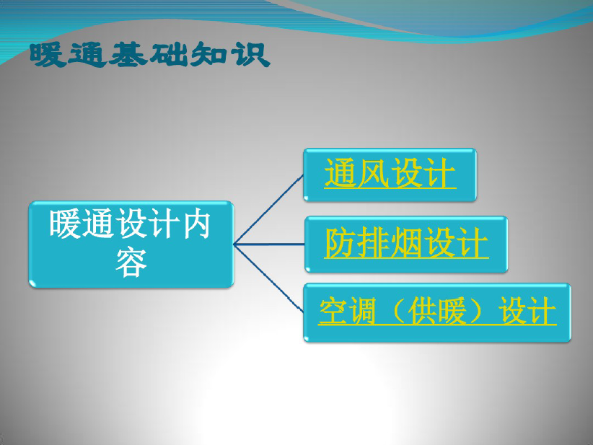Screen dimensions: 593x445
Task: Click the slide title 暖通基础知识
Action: (150, 56)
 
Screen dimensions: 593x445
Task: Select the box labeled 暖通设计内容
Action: (131, 244)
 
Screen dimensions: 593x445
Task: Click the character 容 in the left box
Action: (131, 262)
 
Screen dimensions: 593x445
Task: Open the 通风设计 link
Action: (390, 173)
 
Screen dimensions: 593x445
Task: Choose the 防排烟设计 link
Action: (406, 243)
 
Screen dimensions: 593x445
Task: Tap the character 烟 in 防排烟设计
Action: (406, 243)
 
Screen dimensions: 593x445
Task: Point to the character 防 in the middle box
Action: (340, 243)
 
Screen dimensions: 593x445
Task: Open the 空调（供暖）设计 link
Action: (437, 311)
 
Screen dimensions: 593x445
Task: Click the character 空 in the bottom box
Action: (333, 311)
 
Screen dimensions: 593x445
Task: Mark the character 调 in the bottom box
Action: (361, 311)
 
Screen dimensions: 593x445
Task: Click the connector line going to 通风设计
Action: (268, 209)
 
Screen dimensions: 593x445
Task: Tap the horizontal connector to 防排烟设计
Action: (269, 244)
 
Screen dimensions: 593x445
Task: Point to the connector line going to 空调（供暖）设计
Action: (268, 278)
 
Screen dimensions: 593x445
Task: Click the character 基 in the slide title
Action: (128, 56)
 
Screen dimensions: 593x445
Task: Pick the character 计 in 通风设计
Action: (440, 173)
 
